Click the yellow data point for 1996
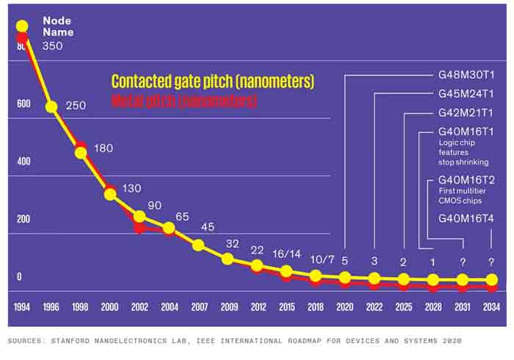(x=51, y=107)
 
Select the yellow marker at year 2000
(x=110, y=194)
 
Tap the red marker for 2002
(x=140, y=227)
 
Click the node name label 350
(x=52, y=46)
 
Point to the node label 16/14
(x=286, y=253)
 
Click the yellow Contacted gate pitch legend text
(x=213, y=82)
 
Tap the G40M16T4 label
(x=466, y=218)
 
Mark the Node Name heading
(x=57, y=26)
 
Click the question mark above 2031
(x=462, y=262)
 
